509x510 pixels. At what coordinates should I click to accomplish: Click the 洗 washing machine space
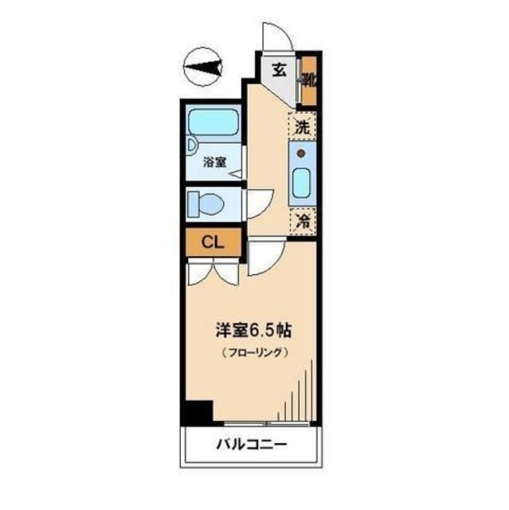(302, 126)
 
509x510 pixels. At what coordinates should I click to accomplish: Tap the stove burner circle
(302, 152)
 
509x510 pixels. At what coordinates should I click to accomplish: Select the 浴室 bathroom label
(213, 163)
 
